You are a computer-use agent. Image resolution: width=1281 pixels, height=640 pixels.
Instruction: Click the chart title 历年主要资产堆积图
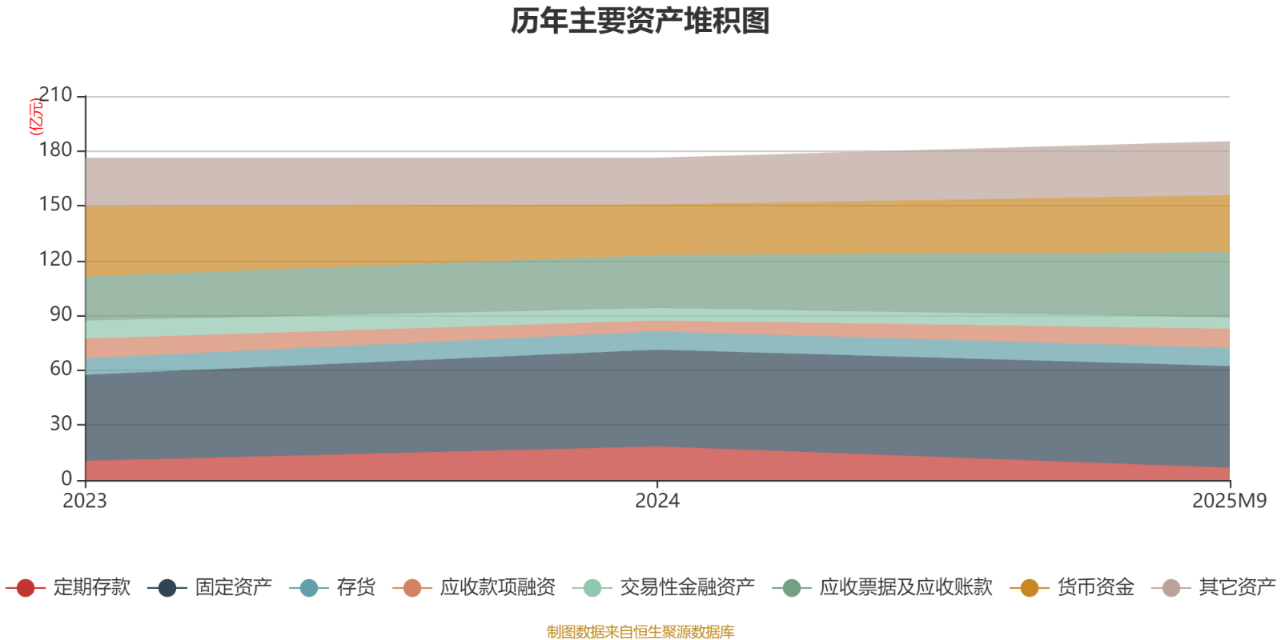640,21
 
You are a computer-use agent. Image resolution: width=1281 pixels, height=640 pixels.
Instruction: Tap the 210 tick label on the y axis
55,95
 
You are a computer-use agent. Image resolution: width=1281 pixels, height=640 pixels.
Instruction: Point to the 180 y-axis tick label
55,150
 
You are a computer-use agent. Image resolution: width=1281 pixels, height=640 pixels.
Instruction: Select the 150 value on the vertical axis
55,205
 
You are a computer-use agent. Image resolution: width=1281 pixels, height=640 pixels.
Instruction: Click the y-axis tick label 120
55,260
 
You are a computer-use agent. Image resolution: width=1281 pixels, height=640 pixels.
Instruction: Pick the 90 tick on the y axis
60,314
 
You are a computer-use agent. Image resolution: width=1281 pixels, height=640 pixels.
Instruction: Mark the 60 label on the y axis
60,369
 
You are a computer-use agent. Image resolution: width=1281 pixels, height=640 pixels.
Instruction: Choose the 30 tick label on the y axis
60,424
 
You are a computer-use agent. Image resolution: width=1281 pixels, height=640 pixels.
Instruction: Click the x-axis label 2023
85,501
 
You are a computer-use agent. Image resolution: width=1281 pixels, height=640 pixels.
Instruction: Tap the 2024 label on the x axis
657,501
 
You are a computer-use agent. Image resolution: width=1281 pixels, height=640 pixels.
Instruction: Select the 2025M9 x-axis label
1229,501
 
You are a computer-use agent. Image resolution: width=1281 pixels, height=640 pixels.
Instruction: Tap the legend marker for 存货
309,588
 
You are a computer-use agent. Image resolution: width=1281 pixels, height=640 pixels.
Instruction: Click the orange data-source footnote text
640,632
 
